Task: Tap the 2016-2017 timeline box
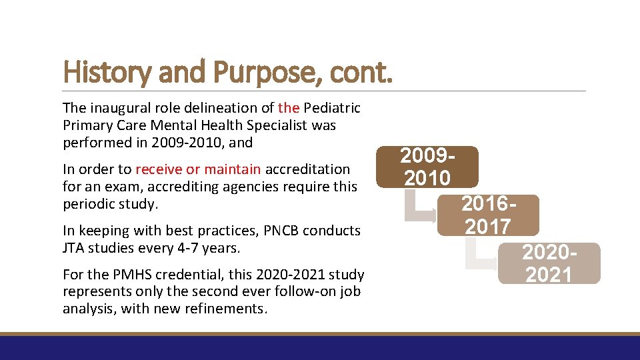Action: pyautogui.click(x=488, y=215)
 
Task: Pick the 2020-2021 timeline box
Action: pyautogui.click(x=549, y=263)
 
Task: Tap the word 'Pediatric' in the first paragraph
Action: pyautogui.click(x=332, y=108)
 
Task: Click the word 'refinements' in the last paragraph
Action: pyautogui.click(x=230, y=309)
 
